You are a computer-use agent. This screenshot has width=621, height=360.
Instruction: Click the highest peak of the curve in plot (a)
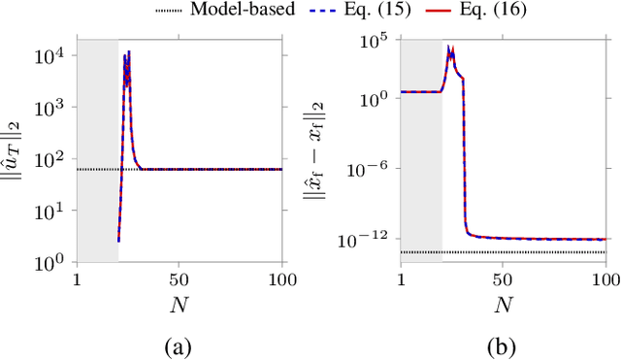(x=129, y=51)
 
